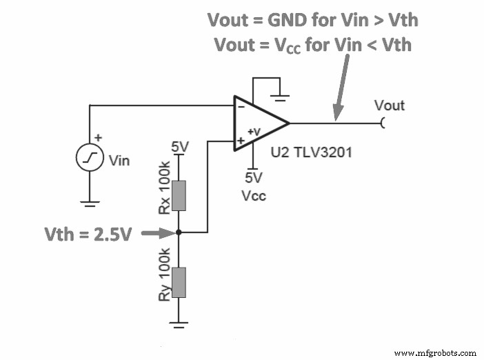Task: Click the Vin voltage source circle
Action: pos(90,160)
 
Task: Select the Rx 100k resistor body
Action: pos(179,194)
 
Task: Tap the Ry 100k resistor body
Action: pos(179,283)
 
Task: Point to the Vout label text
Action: pos(389,106)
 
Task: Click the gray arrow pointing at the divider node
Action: pos(157,233)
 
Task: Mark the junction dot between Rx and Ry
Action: pos(179,232)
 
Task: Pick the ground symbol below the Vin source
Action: pos(90,203)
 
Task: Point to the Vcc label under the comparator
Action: pos(254,196)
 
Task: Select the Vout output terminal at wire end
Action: pos(383,123)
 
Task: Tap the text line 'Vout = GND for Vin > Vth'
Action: pos(313,20)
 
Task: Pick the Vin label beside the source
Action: pos(119,161)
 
